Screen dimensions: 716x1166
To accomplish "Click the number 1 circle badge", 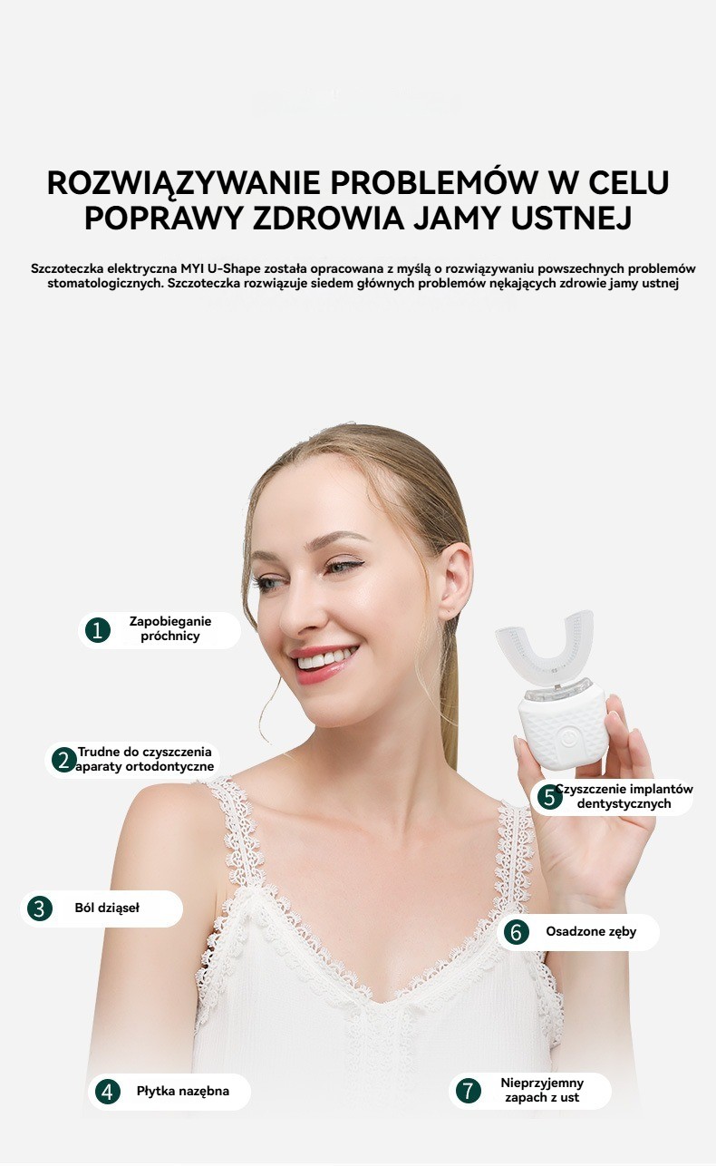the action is tap(98, 630).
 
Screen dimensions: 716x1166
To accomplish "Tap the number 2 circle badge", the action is tap(64, 760).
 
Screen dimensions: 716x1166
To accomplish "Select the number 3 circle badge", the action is tap(40, 909).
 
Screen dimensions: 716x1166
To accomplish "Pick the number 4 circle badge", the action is tap(107, 1092).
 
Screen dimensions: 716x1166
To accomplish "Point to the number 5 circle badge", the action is tap(549, 797).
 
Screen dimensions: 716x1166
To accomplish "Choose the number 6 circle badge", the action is tap(516, 932).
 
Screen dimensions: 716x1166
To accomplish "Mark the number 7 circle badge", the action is tap(468, 1091).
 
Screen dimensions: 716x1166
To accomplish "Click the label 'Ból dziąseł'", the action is tap(107, 909).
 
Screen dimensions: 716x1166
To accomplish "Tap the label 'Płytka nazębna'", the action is tap(183, 1091).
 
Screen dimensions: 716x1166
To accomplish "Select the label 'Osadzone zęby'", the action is tap(591, 932).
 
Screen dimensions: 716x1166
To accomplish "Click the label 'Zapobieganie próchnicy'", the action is tap(170, 629).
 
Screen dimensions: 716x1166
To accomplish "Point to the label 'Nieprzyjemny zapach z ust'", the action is tap(542, 1091).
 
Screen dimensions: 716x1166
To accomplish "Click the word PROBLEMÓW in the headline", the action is tap(434, 182).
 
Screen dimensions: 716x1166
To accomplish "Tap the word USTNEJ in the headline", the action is tap(571, 219).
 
